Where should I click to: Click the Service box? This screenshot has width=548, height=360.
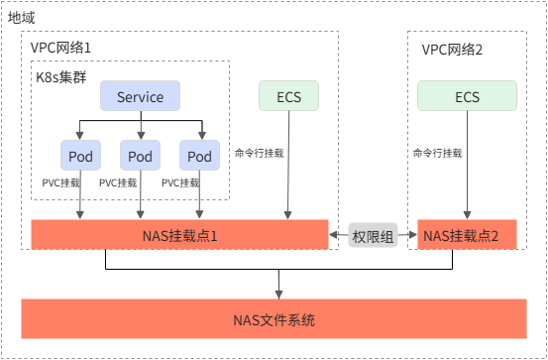click(x=140, y=97)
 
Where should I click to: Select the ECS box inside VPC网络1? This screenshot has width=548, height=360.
click(x=288, y=97)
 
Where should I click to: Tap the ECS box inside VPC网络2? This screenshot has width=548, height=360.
click(x=467, y=97)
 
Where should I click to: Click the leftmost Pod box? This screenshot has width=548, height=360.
click(x=80, y=156)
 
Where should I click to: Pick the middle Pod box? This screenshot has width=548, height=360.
click(x=140, y=156)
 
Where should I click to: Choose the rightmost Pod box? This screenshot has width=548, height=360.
click(x=199, y=156)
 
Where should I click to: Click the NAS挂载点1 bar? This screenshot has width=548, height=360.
click(x=179, y=236)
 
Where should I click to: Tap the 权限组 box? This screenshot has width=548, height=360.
click(x=373, y=236)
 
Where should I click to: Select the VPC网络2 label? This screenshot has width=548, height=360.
click(x=451, y=48)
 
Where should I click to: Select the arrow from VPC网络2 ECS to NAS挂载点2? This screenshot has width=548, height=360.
click(x=467, y=169)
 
